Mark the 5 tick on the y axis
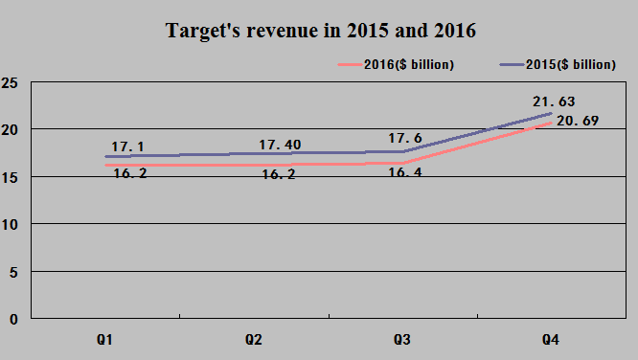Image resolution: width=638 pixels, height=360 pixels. (x=12, y=272)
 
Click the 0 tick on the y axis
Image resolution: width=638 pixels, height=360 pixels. (x=12, y=319)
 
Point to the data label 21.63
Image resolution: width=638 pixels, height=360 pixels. (x=554, y=101)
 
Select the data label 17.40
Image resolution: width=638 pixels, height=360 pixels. (x=280, y=145)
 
